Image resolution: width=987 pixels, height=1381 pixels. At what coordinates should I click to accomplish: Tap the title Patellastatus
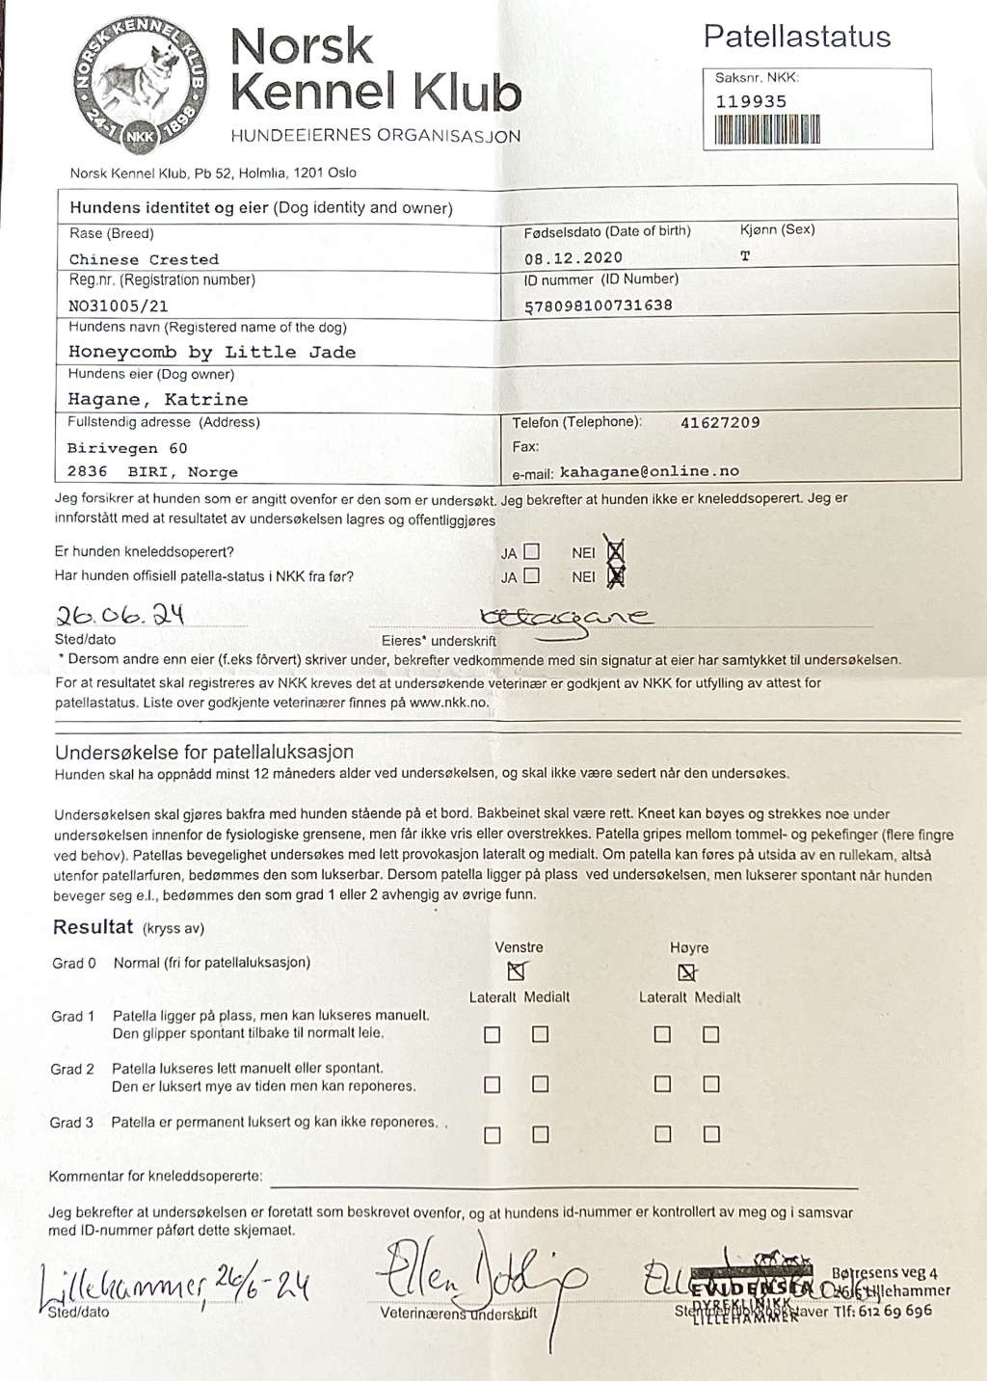(x=797, y=37)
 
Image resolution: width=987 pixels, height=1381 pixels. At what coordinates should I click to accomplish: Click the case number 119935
(x=751, y=101)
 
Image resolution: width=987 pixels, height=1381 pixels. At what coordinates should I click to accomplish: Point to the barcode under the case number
(x=767, y=129)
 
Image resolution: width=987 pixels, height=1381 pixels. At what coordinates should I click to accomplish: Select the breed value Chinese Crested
(x=144, y=259)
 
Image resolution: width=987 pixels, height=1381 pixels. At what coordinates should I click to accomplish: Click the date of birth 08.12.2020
(x=574, y=258)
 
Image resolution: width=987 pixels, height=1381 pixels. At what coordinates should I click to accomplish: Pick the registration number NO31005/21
(x=119, y=305)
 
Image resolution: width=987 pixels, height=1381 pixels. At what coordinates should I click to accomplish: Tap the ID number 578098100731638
(x=599, y=305)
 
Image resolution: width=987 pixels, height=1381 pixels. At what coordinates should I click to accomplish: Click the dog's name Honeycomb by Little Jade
(x=212, y=353)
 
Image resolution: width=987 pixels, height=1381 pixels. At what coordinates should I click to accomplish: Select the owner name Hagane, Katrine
(x=158, y=399)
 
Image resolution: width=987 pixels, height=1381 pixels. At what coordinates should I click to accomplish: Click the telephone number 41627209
(x=720, y=422)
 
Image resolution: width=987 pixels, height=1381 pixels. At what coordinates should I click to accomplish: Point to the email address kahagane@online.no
(x=650, y=471)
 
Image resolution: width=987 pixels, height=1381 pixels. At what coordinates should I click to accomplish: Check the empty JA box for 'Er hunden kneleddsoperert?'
(x=531, y=552)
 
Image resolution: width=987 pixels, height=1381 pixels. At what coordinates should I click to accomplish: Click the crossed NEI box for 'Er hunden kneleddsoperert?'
(x=615, y=552)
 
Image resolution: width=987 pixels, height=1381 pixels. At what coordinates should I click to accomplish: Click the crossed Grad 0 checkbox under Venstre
(x=517, y=970)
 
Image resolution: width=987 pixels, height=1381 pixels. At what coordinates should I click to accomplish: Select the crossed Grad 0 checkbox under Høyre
(x=686, y=971)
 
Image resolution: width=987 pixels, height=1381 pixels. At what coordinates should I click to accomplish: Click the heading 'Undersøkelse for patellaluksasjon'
(x=204, y=752)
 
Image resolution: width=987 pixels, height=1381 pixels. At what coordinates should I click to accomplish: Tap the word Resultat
(x=93, y=927)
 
